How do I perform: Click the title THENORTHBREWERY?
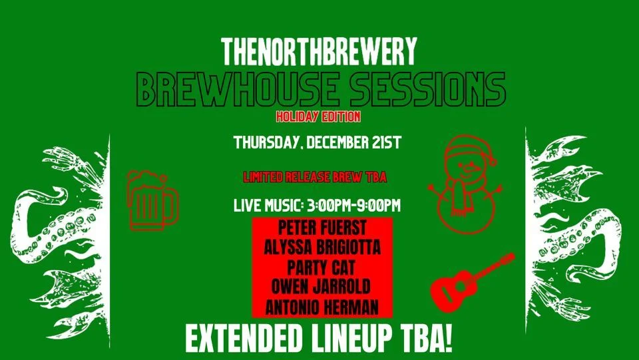[319, 52]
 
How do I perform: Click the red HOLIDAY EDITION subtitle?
[318, 117]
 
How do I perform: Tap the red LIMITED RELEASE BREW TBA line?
[315, 177]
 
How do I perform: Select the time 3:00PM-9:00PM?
[353, 205]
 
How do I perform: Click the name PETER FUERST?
[322, 228]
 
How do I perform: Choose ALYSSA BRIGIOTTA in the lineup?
[322, 247]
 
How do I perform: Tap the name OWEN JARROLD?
[321, 287]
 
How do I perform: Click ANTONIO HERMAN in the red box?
[322, 307]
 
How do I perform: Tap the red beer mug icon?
[152, 200]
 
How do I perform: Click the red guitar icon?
[472, 282]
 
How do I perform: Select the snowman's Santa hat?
[469, 150]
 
